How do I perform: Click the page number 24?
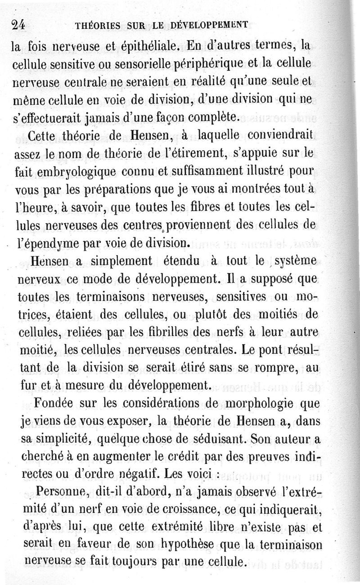coord(18,25)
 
